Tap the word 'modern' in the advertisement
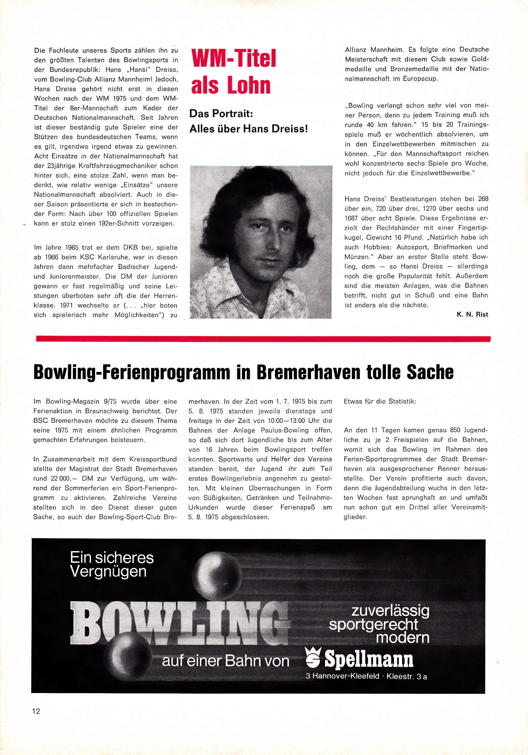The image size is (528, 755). tap(402, 638)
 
